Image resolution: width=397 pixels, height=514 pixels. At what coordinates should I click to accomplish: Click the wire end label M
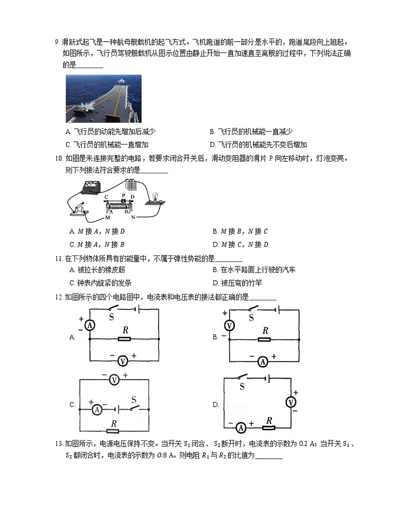[x=107, y=218]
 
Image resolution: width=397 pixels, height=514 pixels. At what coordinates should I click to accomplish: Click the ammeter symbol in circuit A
[x=89, y=325]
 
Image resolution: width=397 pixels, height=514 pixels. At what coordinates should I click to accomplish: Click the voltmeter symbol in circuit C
[x=114, y=380]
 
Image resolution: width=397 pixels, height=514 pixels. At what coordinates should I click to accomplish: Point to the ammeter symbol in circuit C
[x=97, y=408]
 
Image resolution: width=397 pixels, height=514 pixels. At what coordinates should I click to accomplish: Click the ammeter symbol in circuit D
[x=241, y=427]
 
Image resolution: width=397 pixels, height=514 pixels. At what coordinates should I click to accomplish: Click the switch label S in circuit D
[x=242, y=386]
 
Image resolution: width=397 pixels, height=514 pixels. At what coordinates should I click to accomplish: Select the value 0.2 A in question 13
[x=305, y=443]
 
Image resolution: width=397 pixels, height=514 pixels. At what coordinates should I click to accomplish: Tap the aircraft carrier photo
[x=103, y=98]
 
